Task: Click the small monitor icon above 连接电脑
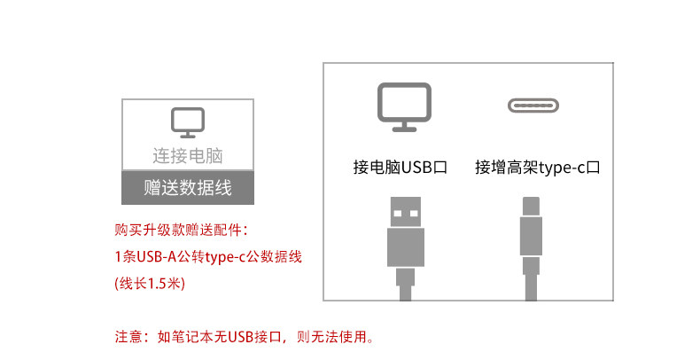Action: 187,122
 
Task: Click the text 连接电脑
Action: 187,156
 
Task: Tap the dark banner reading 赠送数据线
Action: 187,187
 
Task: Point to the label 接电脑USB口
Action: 400,166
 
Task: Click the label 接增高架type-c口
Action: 538,166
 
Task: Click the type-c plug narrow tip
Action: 530,207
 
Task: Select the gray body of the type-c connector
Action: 530,244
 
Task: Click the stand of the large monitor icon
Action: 404,127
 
